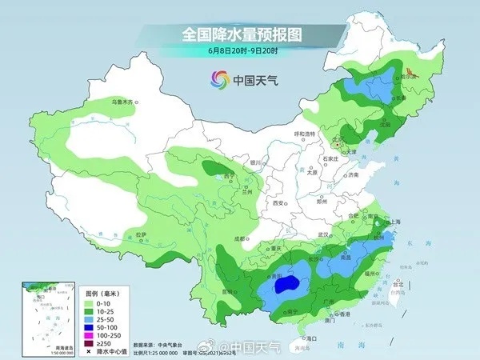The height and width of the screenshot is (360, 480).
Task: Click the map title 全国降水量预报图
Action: point(239,34)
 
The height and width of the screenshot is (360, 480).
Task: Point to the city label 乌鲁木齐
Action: point(125,102)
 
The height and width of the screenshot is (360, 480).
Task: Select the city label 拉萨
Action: point(142,234)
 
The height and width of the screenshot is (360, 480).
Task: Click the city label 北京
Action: point(336,138)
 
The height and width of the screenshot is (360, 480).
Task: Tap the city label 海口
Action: point(312,338)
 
